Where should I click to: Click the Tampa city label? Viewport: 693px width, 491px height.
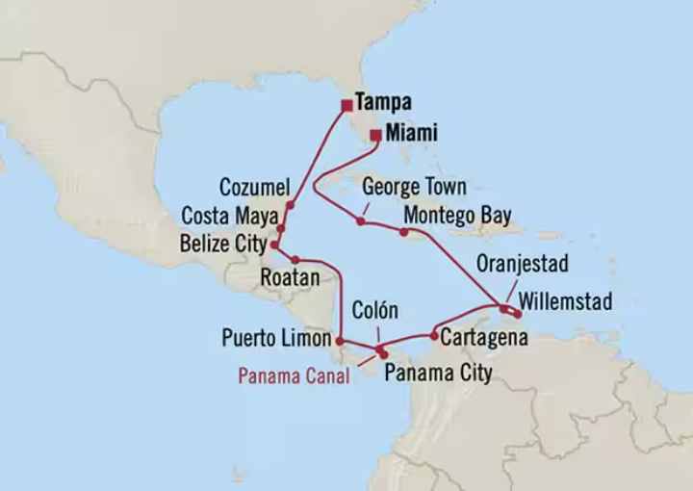pos(383,102)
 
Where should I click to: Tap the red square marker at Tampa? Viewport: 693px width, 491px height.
pos(346,105)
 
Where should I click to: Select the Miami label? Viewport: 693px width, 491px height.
pos(411,134)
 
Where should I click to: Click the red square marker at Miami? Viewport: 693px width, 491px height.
pos(374,136)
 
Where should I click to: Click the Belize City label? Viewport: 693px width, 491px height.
pos(222,244)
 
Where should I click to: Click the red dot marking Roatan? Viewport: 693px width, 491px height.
pos(295,260)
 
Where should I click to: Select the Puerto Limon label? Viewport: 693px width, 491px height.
pos(276,338)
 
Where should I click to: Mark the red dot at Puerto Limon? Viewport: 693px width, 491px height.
pos(340,339)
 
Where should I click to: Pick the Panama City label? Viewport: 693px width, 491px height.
pos(437,373)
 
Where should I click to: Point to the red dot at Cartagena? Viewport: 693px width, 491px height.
pos(435,336)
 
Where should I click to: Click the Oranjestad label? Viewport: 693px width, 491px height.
pos(524,264)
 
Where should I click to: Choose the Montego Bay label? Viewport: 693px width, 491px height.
pos(457,214)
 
